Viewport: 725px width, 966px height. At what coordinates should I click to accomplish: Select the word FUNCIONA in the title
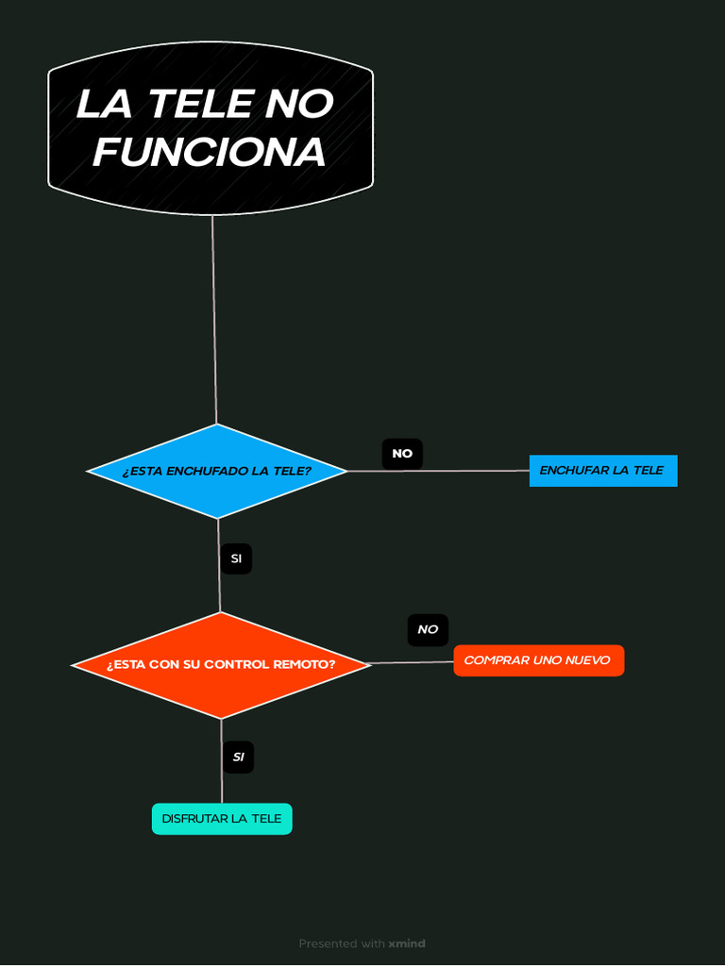pos(210,153)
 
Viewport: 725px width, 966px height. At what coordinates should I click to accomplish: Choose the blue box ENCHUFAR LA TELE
pos(603,471)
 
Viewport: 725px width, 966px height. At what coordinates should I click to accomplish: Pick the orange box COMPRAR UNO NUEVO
pos(538,660)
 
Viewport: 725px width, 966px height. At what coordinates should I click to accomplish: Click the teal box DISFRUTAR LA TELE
pos(222,819)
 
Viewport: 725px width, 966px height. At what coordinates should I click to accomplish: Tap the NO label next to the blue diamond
pos(402,454)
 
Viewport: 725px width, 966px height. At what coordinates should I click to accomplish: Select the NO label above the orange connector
pos(428,630)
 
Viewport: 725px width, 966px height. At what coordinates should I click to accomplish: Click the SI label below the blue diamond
pos(236,558)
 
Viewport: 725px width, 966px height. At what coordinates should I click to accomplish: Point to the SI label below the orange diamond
pos(238,757)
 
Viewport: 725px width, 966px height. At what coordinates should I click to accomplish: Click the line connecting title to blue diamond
pos(214,321)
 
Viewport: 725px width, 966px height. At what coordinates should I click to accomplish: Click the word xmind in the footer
pos(407,943)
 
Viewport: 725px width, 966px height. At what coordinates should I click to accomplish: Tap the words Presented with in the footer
pos(342,943)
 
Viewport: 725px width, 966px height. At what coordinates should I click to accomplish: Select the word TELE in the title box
pos(200,104)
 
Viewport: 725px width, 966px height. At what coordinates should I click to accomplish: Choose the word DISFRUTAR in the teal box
pos(194,819)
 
